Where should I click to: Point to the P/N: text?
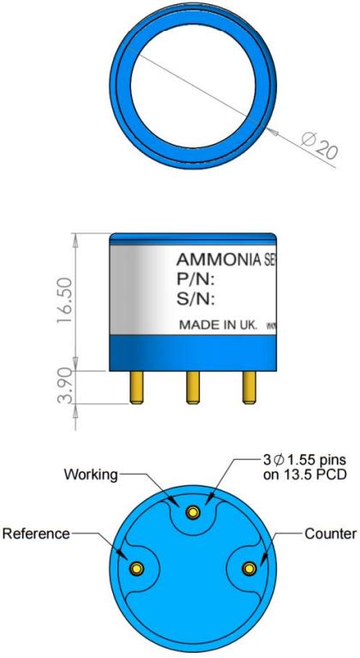tap(195, 279)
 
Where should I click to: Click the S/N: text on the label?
tap(195, 299)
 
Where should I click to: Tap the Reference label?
tap(35, 534)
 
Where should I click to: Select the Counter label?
tap(330, 534)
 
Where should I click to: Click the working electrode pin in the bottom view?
tap(193, 512)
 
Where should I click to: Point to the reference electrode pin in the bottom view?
tap(135, 569)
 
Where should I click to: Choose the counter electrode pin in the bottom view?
tap(249, 569)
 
